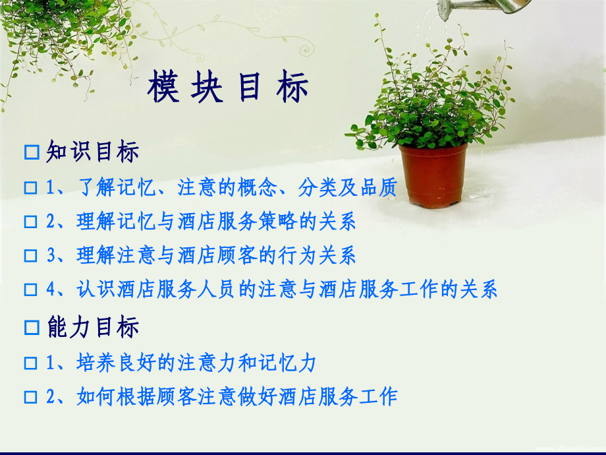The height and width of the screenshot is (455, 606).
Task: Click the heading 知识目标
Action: [93, 152]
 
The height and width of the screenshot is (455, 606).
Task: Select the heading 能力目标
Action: [93, 327]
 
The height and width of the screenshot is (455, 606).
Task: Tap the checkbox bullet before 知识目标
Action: [31, 153]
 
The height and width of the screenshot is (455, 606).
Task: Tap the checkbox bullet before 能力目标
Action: [31, 328]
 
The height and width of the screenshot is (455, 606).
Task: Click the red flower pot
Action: [433, 174]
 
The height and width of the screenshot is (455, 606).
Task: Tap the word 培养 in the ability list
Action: [93, 363]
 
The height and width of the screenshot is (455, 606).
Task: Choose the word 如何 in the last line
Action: [93, 396]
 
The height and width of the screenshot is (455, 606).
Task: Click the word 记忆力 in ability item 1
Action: [294, 363]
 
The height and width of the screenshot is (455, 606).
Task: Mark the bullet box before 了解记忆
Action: [30, 189]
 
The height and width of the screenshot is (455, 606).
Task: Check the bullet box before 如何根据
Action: [30, 397]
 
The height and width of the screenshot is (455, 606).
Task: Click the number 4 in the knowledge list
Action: [50, 289]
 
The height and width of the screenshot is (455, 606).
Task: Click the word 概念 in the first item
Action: [260, 188]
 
